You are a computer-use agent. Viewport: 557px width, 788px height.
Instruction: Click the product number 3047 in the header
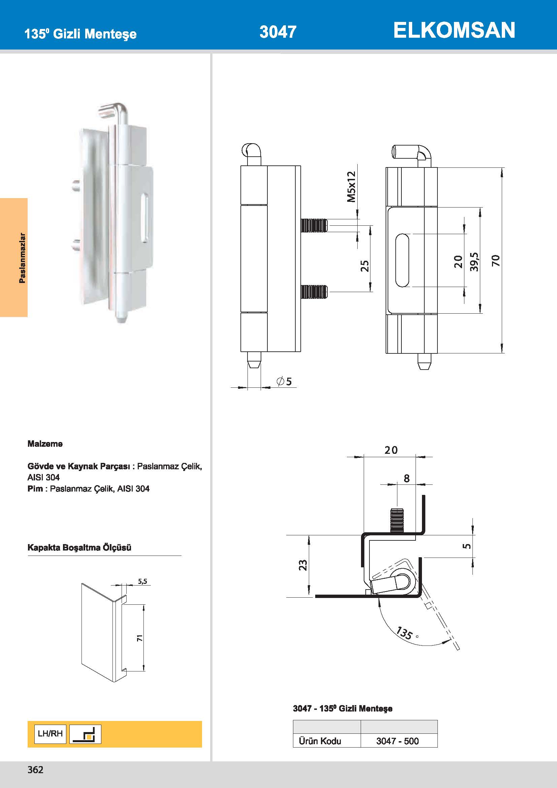point(278,32)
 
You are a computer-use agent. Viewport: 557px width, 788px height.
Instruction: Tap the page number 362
point(35,769)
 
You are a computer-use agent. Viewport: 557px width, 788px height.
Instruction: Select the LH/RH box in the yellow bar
point(50,734)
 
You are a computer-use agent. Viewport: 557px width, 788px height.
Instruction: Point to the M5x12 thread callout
point(352,187)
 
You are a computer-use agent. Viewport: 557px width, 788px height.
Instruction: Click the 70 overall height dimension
point(496,260)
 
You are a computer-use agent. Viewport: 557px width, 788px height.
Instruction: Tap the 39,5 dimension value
point(474,261)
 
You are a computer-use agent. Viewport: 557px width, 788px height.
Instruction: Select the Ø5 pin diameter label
point(284,381)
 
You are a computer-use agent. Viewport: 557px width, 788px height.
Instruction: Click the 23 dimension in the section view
point(303,565)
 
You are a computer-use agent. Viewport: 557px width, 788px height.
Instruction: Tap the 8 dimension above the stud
point(406,478)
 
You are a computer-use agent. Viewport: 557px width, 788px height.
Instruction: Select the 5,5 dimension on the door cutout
point(143,581)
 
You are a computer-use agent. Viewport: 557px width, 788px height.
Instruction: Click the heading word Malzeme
point(45,444)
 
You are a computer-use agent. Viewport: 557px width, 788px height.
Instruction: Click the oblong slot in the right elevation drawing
point(402,260)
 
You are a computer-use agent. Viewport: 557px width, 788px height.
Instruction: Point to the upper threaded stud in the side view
point(314,225)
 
